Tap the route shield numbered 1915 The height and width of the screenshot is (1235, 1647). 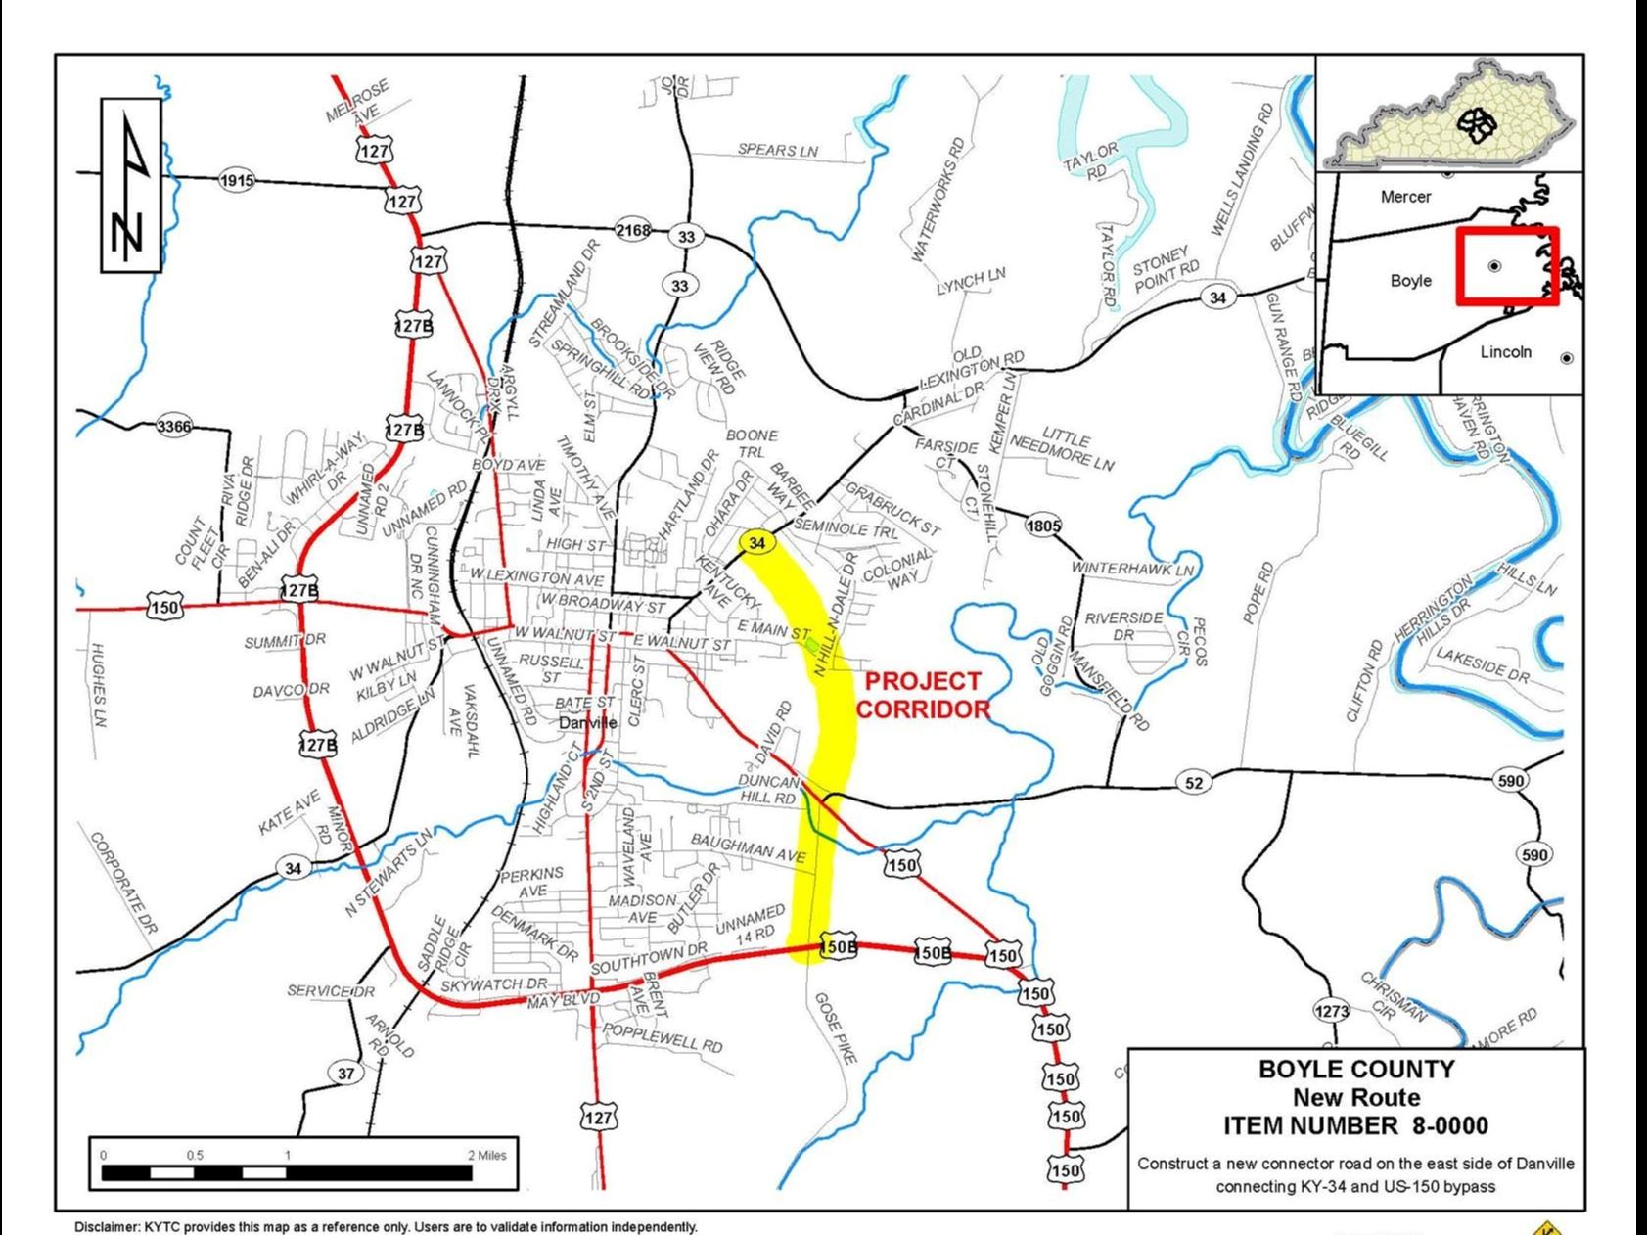click(x=237, y=181)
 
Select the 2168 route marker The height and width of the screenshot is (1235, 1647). click(x=632, y=230)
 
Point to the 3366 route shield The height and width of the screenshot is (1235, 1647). click(x=174, y=426)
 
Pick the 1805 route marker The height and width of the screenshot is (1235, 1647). click(x=1043, y=526)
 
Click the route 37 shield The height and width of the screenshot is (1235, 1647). click(x=345, y=1074)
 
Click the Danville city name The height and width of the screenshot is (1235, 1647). click(x=587, y=723)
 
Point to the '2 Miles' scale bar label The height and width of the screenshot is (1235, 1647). click(x=486, y=1155)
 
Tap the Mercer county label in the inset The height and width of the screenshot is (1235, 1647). click(x=1405, y=197)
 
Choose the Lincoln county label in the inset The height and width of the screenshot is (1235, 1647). click(x=1505, y=352)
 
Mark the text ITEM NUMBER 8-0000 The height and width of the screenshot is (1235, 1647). click(x=1355, y=1126)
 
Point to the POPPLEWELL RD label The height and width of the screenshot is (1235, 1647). click(x=663, y=1038)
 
